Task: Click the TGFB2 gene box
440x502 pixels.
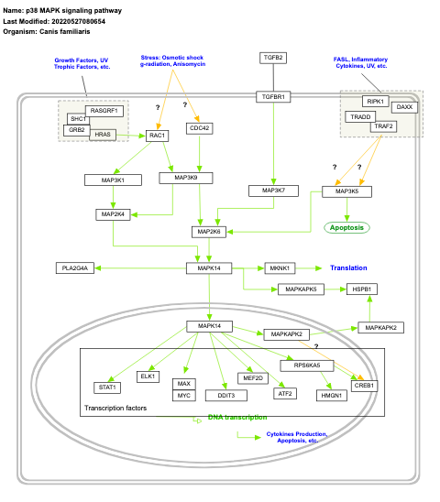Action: point(273,58)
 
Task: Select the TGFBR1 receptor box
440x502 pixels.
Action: point(273,96)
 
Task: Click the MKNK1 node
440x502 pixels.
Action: point(280,267)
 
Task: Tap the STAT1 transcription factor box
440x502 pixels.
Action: point(106,387)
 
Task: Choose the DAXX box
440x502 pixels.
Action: point(404,107)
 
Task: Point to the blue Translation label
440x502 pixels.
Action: point(348,267)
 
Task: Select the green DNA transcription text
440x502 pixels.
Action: point(237,418)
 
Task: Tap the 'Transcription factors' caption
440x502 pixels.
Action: point(116,408)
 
